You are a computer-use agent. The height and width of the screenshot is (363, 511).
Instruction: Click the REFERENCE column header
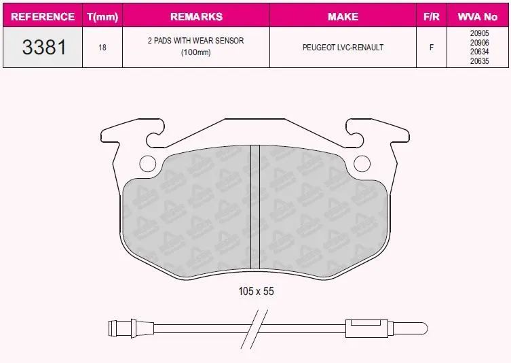[43, 16]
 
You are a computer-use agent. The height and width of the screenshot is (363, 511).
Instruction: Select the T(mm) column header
[102, 16]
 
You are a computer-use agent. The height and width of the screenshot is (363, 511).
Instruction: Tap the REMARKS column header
[196, 16]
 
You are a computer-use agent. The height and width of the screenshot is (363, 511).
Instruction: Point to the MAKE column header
[343, 16]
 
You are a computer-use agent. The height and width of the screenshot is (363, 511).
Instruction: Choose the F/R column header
[432, 16]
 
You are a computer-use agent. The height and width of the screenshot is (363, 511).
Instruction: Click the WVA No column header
[478, 16]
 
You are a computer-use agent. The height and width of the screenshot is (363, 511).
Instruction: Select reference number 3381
[44, 47]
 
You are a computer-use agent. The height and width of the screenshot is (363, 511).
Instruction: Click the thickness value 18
[102, 48]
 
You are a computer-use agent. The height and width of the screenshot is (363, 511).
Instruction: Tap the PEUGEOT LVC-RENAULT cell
[343, 48]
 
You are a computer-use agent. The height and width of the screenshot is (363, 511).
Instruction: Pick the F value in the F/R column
[432, 48]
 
